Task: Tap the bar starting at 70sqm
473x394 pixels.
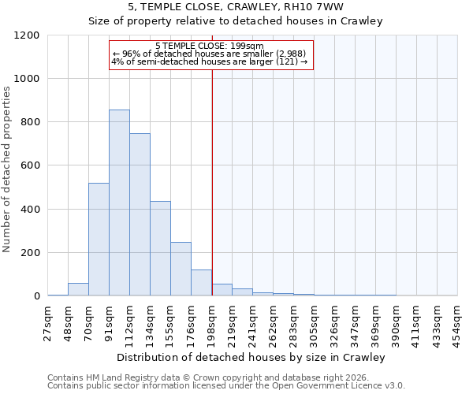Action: point(99,240)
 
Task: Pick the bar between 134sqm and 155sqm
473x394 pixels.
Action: point(160,248)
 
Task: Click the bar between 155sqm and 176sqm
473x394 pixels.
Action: point(181,269)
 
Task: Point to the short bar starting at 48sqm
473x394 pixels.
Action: point(78,289)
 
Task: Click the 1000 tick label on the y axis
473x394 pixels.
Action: point(27,79)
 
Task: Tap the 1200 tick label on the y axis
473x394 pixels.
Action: point(27,35)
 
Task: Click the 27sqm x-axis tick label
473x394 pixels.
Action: point(48,322)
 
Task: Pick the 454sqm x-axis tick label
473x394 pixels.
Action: point(457,322)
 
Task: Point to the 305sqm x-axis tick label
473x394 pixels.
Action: point(314,322)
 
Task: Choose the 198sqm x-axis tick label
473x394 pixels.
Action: point(211,322)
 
